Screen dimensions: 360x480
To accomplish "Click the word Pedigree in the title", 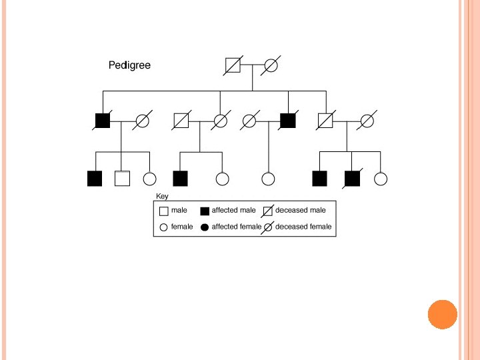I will click(x=129, y=65).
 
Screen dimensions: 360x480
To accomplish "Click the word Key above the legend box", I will click(x=162, y=196).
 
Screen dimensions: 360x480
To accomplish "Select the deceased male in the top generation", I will click(x=233, y=65).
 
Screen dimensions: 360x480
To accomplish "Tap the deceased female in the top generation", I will click(x=271, y=65).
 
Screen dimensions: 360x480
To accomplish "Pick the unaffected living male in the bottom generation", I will click(x=122, y=179).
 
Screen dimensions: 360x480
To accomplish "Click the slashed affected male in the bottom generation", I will click(x=352, y=179).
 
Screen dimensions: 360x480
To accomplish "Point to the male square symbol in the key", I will click(x=164, y=211).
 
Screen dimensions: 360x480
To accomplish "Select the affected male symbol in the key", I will click(x=205, y=211).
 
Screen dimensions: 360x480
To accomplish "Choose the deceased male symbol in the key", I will click(x=268, y=211).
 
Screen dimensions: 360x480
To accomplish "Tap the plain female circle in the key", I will click(x=164, y=227).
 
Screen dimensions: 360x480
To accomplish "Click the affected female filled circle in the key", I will click(x=205, y=227).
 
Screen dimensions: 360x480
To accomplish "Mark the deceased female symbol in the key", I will click(x=268, y=227).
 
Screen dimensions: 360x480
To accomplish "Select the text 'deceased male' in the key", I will click(x=301, y=210).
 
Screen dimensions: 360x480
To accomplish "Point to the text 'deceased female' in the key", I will click(x=303, y=227).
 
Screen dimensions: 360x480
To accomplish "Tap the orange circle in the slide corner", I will click(x=443, y=315).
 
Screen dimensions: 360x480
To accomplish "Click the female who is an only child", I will click(x=268, y=179).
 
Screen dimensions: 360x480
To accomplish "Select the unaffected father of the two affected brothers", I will click(x=325, y=121).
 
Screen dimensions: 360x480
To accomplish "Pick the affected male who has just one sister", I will click(x=180, y=179).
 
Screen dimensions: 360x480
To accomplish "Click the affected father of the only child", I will click(x=287, y=121).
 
